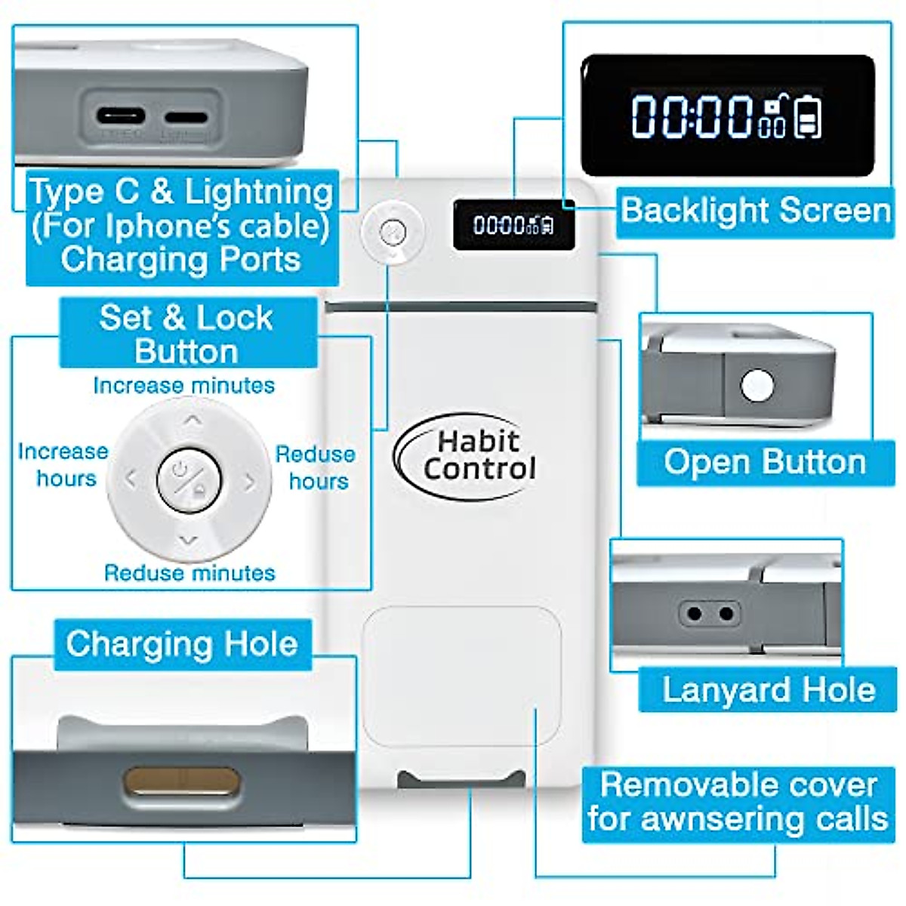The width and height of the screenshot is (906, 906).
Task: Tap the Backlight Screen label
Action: [755, 210]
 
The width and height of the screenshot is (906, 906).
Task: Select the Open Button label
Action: [764, 462]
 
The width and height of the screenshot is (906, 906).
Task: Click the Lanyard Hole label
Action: [768, 689]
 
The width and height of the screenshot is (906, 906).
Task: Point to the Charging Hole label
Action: [181, 644]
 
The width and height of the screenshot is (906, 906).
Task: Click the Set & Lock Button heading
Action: [186, 334]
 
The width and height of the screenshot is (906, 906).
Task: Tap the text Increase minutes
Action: [183, 385]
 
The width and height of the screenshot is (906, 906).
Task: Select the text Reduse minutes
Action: [189, 572]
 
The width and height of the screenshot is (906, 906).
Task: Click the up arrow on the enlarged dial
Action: [193, 420]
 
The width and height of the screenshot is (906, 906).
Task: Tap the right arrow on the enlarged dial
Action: [249, 482]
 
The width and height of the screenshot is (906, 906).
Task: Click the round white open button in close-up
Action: [757, 386]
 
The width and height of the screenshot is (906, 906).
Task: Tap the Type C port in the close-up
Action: [120, 117]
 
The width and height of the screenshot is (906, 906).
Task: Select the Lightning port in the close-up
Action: [185, 118]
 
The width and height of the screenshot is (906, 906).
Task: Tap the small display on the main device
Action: [513, 224]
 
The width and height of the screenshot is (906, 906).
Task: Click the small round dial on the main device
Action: [391, 231]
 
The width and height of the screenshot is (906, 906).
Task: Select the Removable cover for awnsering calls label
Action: [738, 802]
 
